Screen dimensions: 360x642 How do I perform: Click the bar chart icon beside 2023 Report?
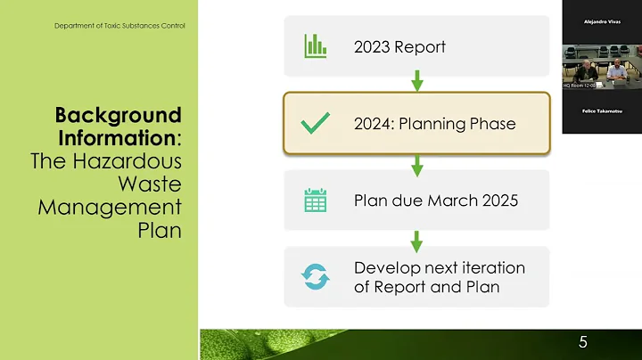[315, 45]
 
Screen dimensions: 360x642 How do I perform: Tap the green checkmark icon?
[315, 124]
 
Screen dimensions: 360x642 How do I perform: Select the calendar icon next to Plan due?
[315, 200]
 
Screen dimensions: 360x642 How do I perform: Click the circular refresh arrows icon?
[315, 277]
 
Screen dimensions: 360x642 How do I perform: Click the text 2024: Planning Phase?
[434, 124]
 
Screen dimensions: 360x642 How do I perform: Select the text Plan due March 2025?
[435, 200]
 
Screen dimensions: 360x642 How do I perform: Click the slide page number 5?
[582, 342]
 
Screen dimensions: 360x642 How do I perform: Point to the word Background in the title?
[119, 116]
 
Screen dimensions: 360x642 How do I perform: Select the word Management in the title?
[110, 208]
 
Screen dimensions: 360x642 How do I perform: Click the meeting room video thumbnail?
[601, 67]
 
